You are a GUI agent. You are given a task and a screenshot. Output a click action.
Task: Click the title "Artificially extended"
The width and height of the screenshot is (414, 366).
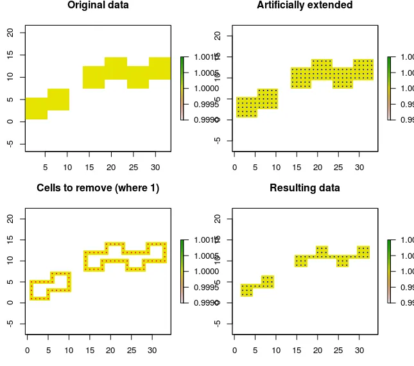(305, 5)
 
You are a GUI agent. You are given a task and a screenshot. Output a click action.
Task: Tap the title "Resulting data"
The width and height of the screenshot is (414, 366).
(305, 188)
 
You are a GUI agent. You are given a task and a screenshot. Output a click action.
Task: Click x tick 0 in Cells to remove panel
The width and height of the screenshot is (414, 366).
(26, 351)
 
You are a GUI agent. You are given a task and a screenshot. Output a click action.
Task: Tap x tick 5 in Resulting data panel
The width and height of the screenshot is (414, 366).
(255, 351)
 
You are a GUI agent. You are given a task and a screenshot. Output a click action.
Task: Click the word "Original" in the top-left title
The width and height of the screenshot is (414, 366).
(85, 5)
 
